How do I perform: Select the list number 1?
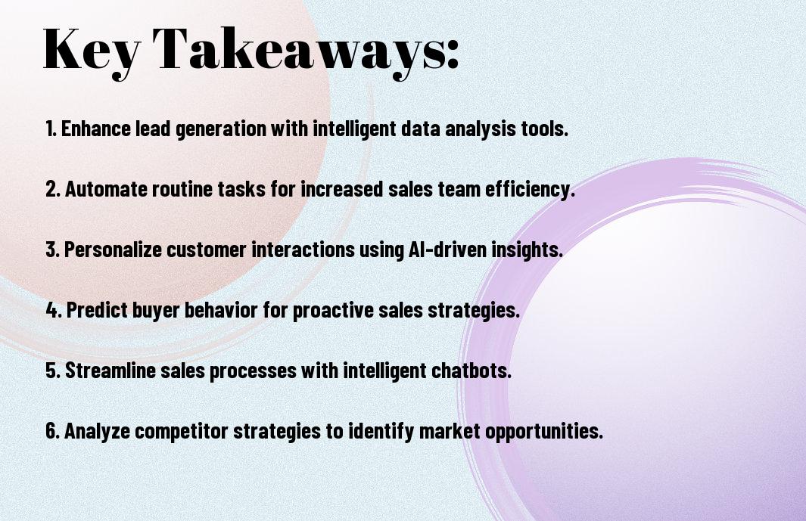tap(51, 129)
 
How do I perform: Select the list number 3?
tap(52, 250)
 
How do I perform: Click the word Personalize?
tap(113, 250)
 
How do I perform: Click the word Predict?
tap(97, 310)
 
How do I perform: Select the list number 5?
tap(53, 371)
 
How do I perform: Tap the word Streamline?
tap(110, 371)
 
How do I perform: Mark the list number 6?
tap(53, 430)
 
